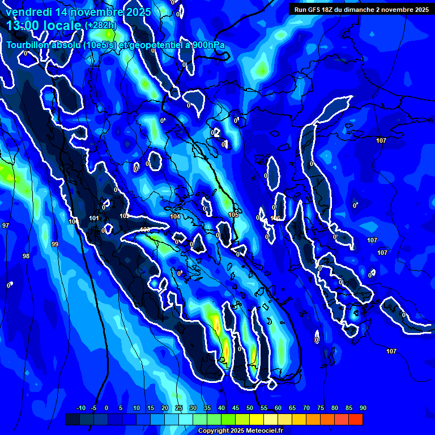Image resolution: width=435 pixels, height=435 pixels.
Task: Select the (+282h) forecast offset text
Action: click(x=100, y=25)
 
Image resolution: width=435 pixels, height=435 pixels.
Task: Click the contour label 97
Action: click(x=6, y=225)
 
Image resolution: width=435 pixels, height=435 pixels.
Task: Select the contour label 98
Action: click(x=26, y=256)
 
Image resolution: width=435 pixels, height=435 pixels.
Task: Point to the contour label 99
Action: click(x=55, y=244)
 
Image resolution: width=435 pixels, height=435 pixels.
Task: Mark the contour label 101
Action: click(x=94, y=218)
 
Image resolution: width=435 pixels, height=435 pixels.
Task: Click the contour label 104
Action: click(x=175, y=216)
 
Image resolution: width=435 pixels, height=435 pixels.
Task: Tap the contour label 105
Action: click(x=233, y=215)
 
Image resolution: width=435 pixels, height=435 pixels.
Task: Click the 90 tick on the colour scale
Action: click(x=362, y=408)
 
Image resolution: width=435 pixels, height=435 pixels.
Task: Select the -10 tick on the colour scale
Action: click(x=80, y=408)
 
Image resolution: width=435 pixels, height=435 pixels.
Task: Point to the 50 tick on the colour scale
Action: click(x=250, y=408)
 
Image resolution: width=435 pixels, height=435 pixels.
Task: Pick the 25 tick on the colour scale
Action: click(x=179, y=408)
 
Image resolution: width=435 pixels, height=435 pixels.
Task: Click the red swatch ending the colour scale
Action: click(x=355, y=419)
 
